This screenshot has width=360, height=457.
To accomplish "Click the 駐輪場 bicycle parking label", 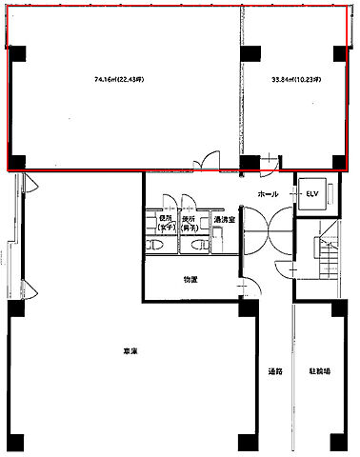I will [319, 370].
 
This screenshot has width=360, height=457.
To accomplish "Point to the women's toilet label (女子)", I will [152, 224].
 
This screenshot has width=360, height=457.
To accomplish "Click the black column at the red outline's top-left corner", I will [17, 53].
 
